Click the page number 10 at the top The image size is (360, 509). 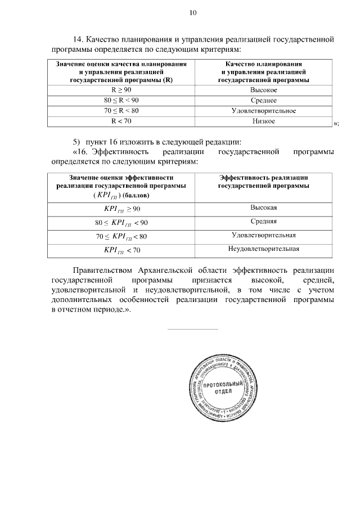[193, 13]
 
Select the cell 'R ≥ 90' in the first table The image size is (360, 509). [120, 90]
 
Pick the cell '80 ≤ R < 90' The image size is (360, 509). [120, 101]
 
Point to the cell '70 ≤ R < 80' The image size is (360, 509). [120, 111]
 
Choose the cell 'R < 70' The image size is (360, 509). [120, 121]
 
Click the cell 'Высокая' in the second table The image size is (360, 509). [263, 208]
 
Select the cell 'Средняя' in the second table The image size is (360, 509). [263, 222]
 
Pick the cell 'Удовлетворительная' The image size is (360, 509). [263, 235]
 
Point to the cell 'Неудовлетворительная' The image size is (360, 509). [263, 249]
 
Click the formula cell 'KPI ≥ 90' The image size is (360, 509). [121, 209]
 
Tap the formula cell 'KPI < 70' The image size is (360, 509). [121, 249]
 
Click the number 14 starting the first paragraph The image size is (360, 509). [78, 40]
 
